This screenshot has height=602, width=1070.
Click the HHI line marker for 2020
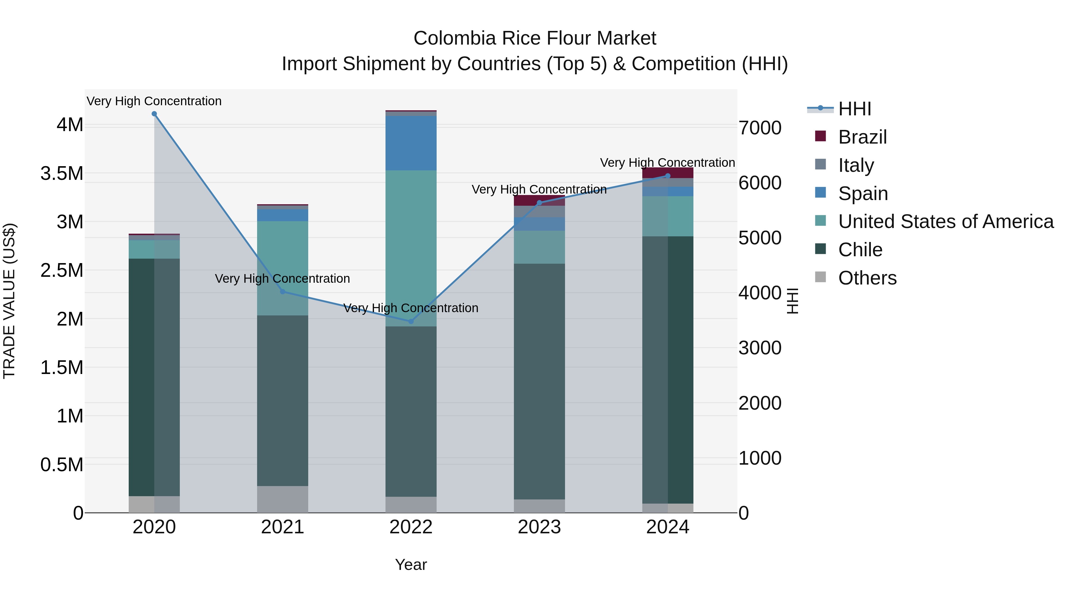point(154,114)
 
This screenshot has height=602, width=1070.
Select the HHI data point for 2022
point(411,321)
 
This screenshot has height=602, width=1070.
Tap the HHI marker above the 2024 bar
point(668,176)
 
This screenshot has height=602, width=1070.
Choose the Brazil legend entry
point(862,137)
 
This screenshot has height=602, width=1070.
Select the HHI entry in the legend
point(854,109)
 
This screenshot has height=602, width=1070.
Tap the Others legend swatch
point(820,277)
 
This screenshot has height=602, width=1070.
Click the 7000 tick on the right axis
point(760,128)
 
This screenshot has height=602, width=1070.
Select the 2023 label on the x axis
point(539,527)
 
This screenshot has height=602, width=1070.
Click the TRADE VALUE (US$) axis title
point(10,301)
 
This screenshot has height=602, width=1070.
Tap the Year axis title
point(411,565)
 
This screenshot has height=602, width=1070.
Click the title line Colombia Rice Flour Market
point(535,38)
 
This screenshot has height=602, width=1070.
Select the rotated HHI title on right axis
point(792,301)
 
